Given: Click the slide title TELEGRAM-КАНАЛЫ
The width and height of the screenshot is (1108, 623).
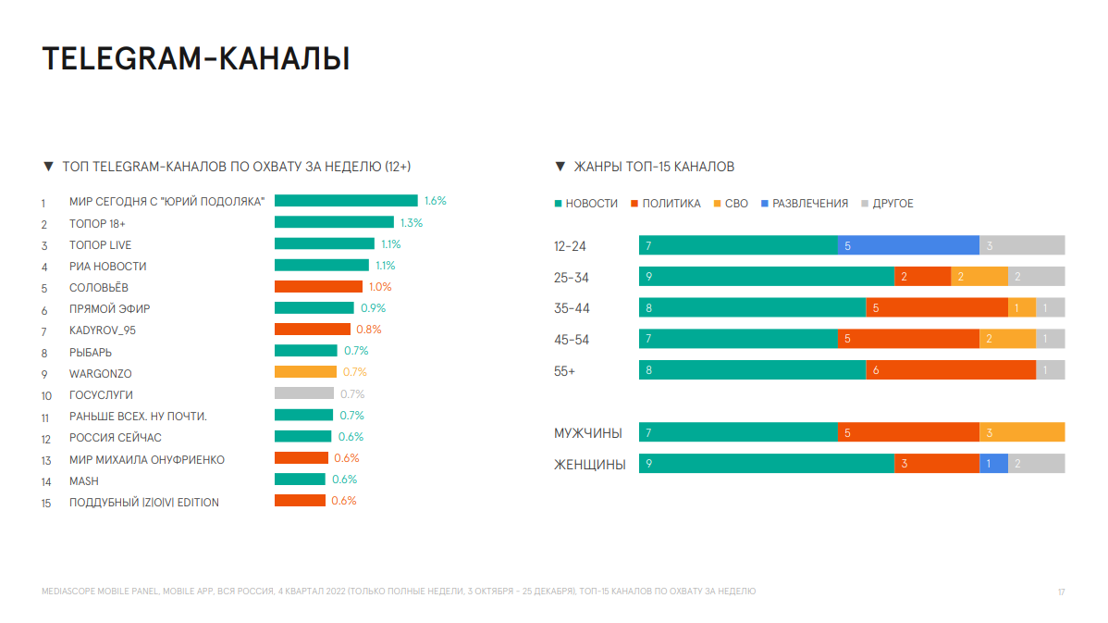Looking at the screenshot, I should pyautogui.click(x=196, y=58).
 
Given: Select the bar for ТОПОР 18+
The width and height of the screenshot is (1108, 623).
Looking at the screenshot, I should pyautogui.click(x=334, y=222).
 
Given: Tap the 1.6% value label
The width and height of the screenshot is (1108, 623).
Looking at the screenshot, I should pyautogui.click(x=435, y=201).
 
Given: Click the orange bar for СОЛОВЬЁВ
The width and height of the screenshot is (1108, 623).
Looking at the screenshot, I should pyautogui.click(x=318, y=287).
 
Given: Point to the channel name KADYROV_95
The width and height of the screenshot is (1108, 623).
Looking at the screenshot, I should pyautogui.click(x=95, y=330).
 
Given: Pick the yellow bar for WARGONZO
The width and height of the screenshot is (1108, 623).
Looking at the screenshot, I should pyautogui.click(x=305, y=372).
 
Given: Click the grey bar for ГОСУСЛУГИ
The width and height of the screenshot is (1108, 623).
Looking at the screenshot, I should pyautogui.click(x=304, y=393).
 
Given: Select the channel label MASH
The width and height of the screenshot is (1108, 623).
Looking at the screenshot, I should pyautogui.click(x=83, y=481).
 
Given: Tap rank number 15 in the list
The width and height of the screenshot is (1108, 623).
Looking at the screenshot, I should pyautogui.click(x=45, y=503).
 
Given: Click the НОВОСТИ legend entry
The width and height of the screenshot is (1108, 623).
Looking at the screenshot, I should pyautogui.click(x=585, y=204).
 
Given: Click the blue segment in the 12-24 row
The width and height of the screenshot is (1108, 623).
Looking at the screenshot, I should pyautogui.click(x=908, y=245).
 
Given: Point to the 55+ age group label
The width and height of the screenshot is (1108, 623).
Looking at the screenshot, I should pyautogui.click(x=564, y=371).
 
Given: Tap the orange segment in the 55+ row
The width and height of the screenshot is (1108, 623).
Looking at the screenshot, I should pyautogui.click(x=951, y=370).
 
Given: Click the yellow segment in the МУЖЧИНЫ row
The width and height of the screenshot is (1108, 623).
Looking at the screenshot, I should pyautogui.click(x=1022, y=432).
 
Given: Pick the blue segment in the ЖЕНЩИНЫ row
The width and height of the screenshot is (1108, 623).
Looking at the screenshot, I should pyautogui.click(x=993, y=464).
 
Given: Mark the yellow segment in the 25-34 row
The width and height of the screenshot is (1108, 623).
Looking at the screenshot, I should pyautogui.click(x=979, y=277).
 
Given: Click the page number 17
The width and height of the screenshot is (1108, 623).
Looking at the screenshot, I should pyautogui.click(x=1062, y=592).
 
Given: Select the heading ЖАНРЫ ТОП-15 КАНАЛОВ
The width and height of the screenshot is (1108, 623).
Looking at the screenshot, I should pyautogui.click(x=654, y=167).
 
